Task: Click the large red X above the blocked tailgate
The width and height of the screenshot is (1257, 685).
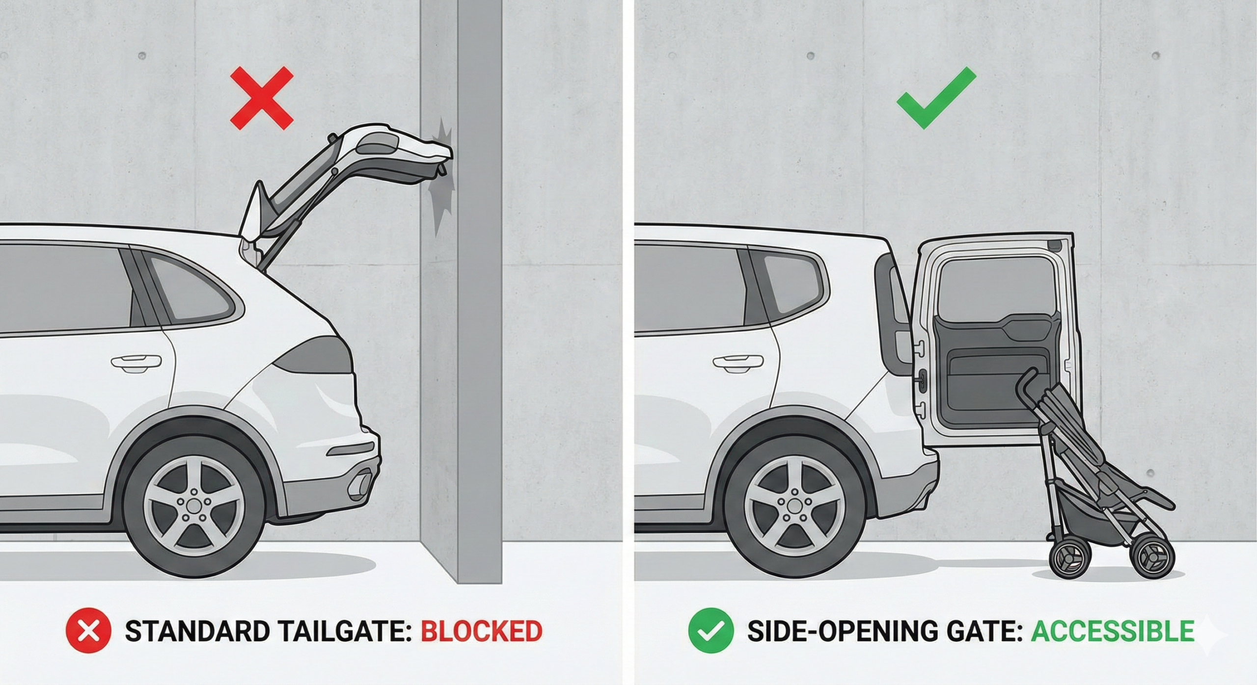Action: pyautogui.click(x=262, y=99)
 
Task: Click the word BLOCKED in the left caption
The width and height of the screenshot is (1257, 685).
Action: pyautogui.click(x=481, y=631)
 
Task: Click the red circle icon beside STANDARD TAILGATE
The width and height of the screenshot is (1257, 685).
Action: pyautogui.click(x=88, y=631)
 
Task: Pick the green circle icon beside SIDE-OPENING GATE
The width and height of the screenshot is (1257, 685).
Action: pyautogui.click(x=711, y=631)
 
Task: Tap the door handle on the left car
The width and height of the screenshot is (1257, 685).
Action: pyautogui.click(x=136, y=362)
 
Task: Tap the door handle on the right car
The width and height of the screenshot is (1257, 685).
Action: pyautogui.click(x=738, y=363)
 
